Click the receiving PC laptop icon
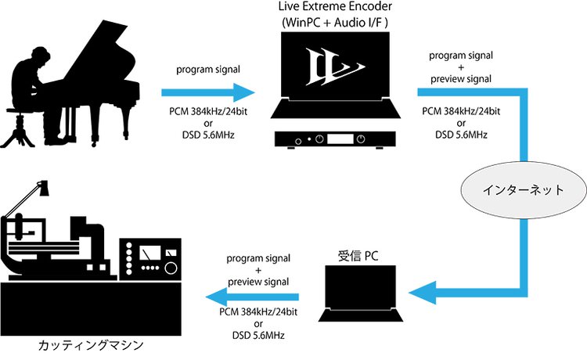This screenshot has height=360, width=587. tap(360, 293)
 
